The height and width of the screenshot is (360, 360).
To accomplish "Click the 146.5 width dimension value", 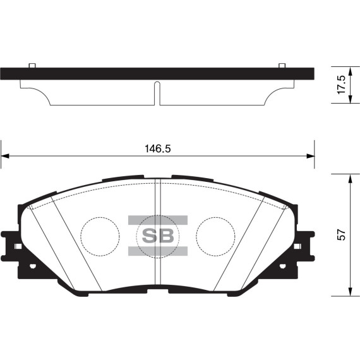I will pyautogui.click(x=158, y=149).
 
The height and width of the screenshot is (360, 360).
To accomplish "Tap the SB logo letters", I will pyautogui.click(x=158, y=236).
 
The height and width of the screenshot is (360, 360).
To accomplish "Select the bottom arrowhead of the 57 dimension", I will pyautogui.click(x=350, y=291).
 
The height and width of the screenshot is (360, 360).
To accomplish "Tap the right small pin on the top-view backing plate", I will pyautogui.click(x=281, y=65).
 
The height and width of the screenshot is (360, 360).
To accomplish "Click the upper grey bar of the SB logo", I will pyautogui.click(x=158, y=220).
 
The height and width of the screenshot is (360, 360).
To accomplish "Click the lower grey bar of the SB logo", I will pyautogui.click(x=158, y=251).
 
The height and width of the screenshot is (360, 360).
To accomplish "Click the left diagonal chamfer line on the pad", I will pyautogui.click(x=76, y=243).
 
